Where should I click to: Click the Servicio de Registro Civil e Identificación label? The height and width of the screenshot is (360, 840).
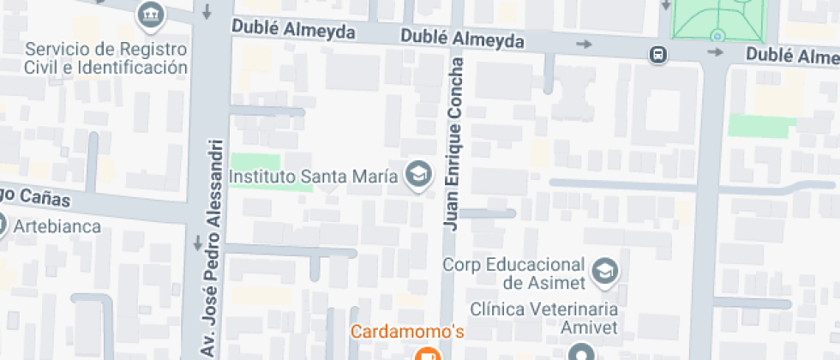pyautogui.click(x=107, y=57)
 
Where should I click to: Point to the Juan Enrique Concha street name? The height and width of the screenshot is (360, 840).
pyautogui.click(x=454, y=143)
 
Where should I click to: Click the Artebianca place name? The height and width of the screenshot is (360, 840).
pyautogui.click(x=63, y=227)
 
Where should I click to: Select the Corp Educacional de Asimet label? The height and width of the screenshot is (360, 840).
pyautogui.click(x=513, y=273)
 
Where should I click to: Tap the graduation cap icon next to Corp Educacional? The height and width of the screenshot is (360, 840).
pyautogui.click(x=604, y=271)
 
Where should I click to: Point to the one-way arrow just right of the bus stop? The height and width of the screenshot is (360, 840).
pyautogui.click(x=715, y=52)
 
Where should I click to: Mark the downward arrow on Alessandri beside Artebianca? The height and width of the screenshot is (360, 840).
pyautogui.click(x=200, y=242)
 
